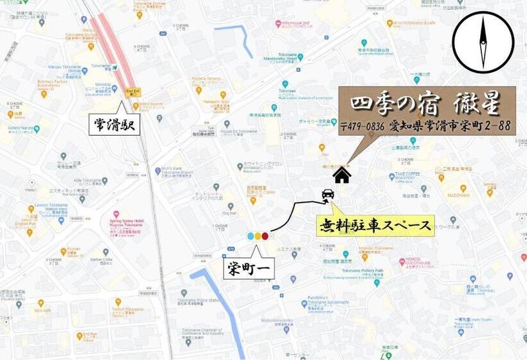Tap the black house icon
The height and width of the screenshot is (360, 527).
(342, 174)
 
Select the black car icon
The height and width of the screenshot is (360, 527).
(327, 194)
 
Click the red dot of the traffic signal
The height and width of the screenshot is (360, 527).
(265, 236)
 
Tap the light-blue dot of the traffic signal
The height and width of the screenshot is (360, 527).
(251, 236)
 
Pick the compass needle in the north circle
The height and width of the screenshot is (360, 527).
(483, 42)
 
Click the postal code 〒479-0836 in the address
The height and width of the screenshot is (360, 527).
(362, 126)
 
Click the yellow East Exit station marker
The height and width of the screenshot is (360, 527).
(133, 92)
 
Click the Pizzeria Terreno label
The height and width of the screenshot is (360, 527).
(206, 80)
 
